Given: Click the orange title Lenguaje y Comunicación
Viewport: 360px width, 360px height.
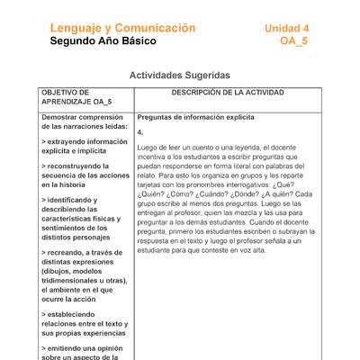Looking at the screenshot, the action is [x=122, y=28].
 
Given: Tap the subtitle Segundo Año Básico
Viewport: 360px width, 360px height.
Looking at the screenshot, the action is [x=103, y=42].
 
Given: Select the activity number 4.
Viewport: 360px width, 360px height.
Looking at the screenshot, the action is [x=140, y=131].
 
